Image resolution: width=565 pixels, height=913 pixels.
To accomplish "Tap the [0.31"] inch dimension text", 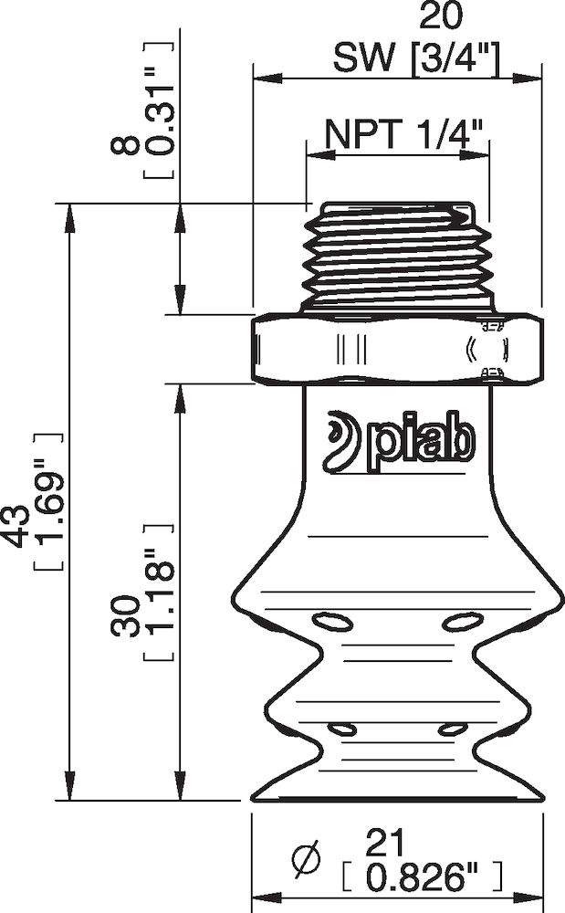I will [157, 110].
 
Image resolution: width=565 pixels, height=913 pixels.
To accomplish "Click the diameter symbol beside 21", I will [307, 858].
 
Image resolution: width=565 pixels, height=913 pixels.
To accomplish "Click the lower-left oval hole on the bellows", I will [342, 729].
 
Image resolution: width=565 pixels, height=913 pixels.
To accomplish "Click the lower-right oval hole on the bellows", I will [451, 729].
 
